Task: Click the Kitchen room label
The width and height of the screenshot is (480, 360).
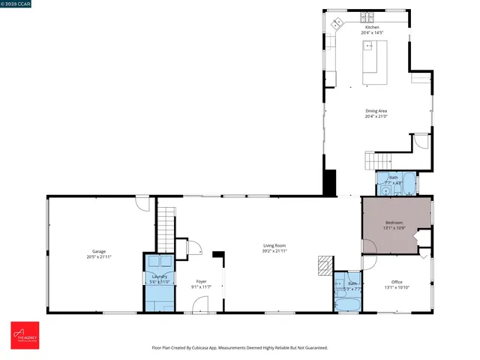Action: coord(372,27)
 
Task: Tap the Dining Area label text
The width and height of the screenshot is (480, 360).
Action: coord(376,110)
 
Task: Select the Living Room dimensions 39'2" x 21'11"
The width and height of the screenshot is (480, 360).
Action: coord(274,251)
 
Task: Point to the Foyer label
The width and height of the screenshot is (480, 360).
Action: coord(201,281)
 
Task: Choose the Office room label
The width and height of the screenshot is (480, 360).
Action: coord(397,282)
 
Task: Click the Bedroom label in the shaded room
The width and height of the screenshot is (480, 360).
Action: coord(394,223)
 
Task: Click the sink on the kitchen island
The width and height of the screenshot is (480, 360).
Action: coord(369,46)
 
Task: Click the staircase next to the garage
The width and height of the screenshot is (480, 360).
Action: coord(166,229)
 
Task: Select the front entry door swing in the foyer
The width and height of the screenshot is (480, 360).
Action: coord(201,304)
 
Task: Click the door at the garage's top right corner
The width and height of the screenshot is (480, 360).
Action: coord(142,202)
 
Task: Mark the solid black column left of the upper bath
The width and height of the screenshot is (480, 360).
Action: coord(329,182)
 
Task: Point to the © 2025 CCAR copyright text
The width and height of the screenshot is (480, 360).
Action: coord(16,4)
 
